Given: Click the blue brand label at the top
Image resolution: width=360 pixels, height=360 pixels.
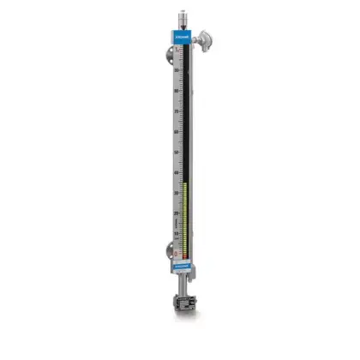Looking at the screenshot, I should (183, 39).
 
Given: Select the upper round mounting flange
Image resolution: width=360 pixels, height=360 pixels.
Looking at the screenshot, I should (164, 57).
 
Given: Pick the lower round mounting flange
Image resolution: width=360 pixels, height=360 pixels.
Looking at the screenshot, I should (164, 252).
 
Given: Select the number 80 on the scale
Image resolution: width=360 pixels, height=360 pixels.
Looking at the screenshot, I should (176, 92).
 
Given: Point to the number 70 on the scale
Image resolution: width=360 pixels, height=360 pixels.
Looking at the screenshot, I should (176, 112).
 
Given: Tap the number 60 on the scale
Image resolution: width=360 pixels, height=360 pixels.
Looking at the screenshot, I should (176, 132).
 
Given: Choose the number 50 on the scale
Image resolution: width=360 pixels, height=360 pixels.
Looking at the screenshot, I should (176, 153).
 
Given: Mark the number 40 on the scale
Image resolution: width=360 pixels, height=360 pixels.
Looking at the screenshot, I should (176, 172).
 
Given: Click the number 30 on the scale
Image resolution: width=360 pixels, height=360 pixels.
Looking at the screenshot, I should (176, 193).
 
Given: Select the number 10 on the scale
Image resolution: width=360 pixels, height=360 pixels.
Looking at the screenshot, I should (176, 232).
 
